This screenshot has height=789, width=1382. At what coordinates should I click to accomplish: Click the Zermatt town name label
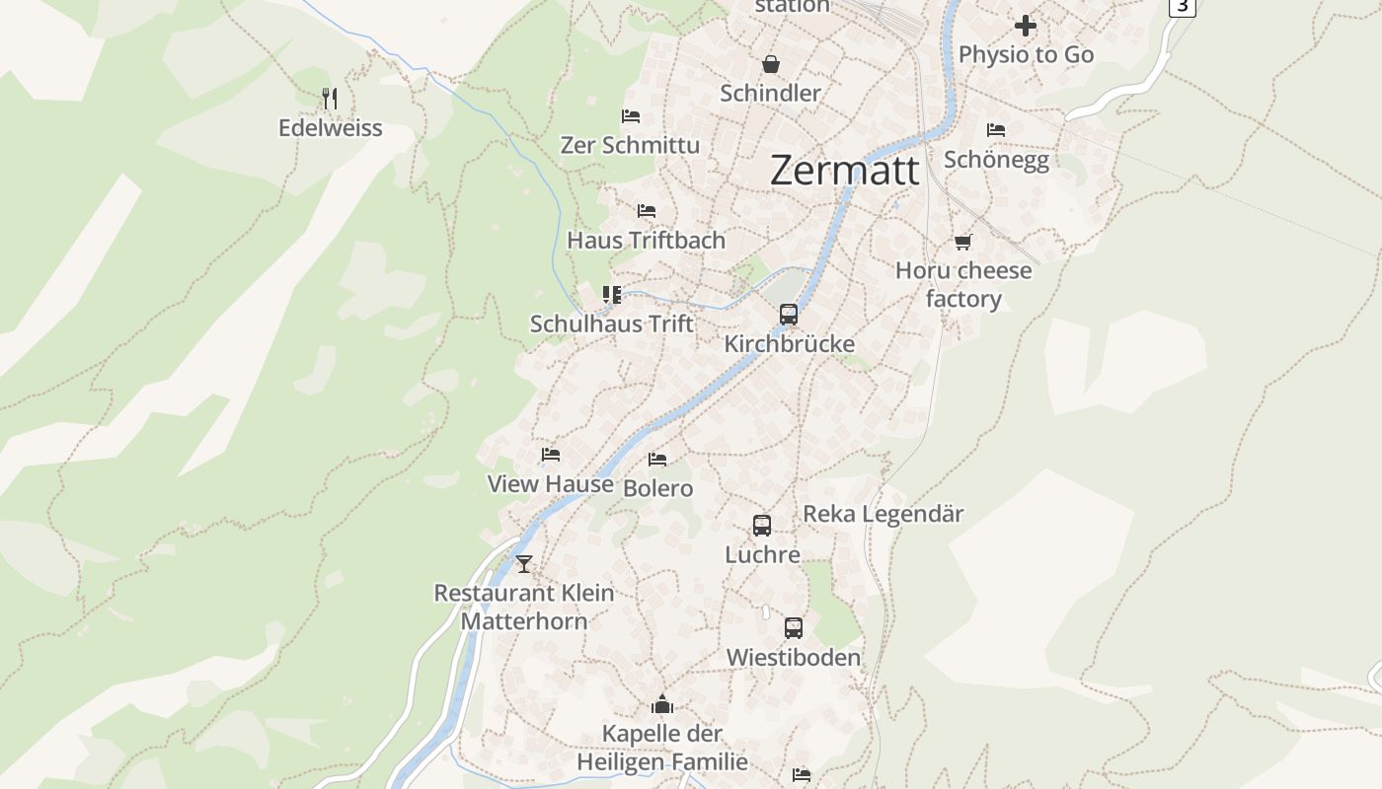[x=844, y=171]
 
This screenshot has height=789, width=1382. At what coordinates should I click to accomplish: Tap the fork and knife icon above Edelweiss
[x=330, y=98]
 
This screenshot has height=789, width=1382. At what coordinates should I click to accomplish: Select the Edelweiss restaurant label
[x=330, y=128]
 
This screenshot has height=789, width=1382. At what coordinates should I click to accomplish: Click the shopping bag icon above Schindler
[x=770, y=64]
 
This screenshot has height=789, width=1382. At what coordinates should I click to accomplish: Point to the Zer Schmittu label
[x=630, y=145]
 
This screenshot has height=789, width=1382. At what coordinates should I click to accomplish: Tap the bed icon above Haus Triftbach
[x=647, y=211]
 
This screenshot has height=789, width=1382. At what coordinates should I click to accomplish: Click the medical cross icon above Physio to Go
[x=1026, y=26]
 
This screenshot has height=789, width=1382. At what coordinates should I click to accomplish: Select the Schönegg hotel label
[x=996, y=160]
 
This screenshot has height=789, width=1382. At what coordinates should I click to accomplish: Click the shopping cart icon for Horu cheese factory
[x=962, y=242]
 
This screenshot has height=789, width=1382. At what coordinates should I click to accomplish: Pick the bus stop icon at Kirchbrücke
[x=788, y=315]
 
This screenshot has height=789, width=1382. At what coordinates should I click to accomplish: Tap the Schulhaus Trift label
[x=612, y=323]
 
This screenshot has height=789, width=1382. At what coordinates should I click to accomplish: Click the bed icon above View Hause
[x=551, y=455]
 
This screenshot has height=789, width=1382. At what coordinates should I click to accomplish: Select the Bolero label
[x=658, y=488]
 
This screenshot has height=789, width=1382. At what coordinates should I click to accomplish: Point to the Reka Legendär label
[x=883, y=514]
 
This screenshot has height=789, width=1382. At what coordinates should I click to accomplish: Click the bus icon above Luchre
[x=762, y=526]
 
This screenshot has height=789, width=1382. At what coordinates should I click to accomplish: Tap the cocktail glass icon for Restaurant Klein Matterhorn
[x=524, y=564]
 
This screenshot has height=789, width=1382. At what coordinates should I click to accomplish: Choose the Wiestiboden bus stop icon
[x=794, y=627]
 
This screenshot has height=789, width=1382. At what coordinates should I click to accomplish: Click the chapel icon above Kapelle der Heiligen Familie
[x=661, y=704]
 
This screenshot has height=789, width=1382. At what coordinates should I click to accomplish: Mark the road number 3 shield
[x=1182, y=6]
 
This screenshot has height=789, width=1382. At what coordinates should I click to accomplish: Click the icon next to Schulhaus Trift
[x=612, y=294]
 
